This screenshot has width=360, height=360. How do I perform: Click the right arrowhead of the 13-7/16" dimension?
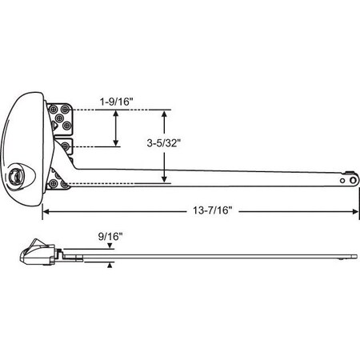pyautogui.click(x=354, y=212)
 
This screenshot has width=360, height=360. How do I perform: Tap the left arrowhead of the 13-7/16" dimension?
pyautogui.click(x=46, y=212)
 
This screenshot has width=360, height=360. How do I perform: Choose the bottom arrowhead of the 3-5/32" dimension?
pyautogui.click(x=165, y=181)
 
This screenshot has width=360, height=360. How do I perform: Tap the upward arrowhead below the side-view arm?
pyautogui.click(x=110, y=265)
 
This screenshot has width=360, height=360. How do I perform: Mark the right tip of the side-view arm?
pyautogui.click(x=356, y=256)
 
